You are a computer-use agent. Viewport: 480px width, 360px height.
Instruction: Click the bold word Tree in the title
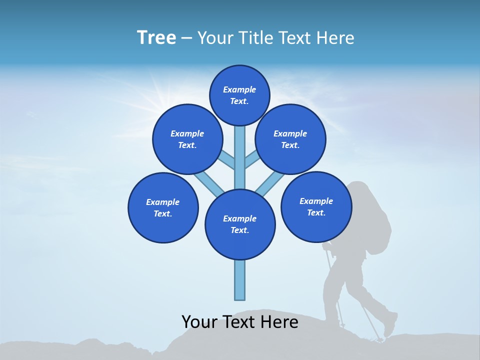tap(156, 37)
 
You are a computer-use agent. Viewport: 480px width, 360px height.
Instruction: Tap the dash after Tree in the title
tap(186, 38)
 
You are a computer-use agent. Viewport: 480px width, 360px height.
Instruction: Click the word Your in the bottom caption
tap(198, 322)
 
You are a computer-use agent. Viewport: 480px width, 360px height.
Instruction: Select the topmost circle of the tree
tap(239, 95)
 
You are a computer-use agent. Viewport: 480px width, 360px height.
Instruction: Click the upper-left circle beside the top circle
tap(187, 139)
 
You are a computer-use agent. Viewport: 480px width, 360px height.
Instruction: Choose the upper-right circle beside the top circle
tap(290, 139)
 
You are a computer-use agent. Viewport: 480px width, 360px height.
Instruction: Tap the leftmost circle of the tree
tap(163, 207)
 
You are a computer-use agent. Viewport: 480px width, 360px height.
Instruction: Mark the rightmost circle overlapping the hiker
tap(316, 206)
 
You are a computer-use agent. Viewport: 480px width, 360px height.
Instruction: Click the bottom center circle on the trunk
tap(240, 224)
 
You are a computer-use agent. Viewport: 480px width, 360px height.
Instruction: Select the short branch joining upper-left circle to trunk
tap(227, 159)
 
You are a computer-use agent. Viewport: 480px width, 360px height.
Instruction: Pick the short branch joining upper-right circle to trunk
tap(251, 159)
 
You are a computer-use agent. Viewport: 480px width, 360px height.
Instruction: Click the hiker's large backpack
tap(372, 215)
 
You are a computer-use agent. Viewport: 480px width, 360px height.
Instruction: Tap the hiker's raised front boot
tap(390, 324)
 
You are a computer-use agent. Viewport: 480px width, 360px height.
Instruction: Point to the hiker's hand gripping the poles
tap(327, 246)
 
